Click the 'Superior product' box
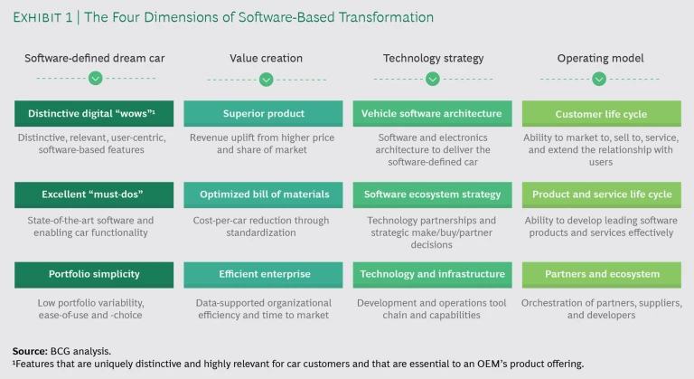264,113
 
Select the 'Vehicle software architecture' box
432,113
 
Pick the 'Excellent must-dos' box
94,194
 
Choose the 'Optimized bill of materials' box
264,194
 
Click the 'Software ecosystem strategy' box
432,194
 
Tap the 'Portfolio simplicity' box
94,274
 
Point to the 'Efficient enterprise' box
264,274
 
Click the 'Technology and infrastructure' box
432,274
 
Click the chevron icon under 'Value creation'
265,80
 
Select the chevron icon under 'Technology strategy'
432,80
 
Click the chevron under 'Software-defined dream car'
95,80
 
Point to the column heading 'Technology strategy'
432,58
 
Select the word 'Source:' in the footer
31,350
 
